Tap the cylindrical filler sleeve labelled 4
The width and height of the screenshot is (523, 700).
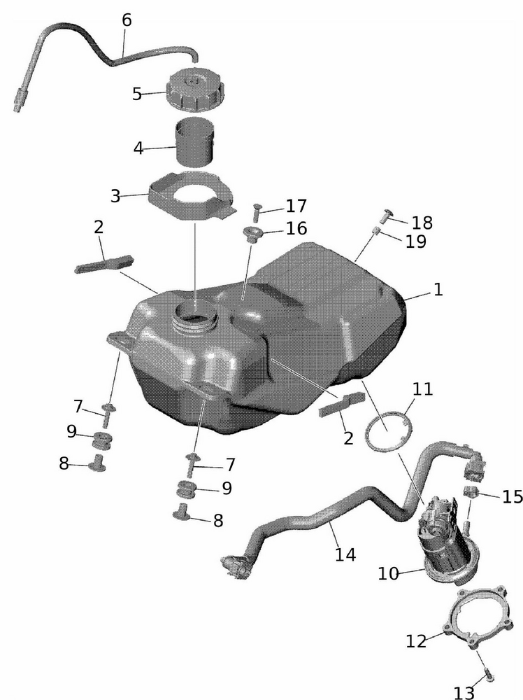point(195,142)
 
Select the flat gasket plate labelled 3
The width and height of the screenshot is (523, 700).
point(192,196)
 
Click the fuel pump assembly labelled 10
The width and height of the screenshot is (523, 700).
point(446,540)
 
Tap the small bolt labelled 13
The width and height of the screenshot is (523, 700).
point(488,676)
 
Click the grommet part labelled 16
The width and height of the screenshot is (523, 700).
point(252,234)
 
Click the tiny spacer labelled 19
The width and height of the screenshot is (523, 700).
point(376,231)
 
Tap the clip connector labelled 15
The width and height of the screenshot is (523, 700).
point(471,493)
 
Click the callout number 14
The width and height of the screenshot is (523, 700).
point(345,554)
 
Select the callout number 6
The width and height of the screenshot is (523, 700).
point(127,20)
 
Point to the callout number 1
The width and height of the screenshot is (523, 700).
point(438,289)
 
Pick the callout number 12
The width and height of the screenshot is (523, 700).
point(416,641)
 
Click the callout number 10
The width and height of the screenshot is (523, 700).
point(388,573)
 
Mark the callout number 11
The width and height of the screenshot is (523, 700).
point(423,389)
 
